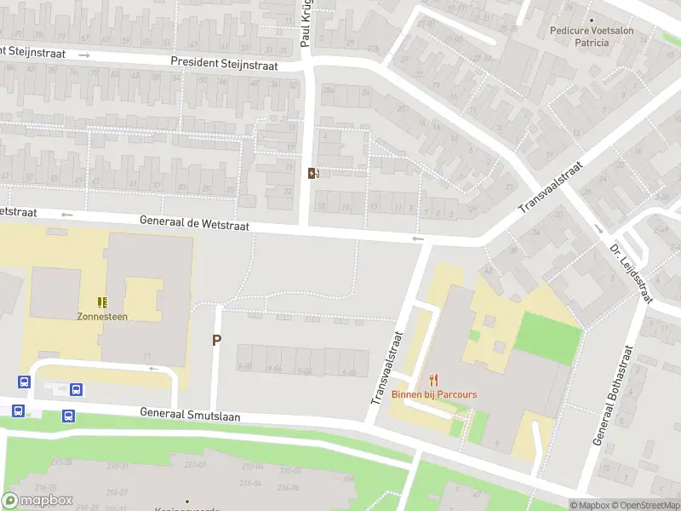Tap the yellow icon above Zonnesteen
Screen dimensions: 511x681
click(102, 301)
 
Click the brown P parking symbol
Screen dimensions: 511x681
click(216, 340)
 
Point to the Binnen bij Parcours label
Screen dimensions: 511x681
click(434, 394)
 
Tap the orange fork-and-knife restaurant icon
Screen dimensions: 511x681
click(434, 380)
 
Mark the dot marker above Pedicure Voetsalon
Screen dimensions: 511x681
click(592, 20)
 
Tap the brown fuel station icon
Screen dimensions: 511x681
click(313, 174)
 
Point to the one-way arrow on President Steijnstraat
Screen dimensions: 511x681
click(84, 55)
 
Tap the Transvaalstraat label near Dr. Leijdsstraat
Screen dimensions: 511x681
click(554, 187)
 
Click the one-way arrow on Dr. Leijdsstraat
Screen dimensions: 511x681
click(598, 228)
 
